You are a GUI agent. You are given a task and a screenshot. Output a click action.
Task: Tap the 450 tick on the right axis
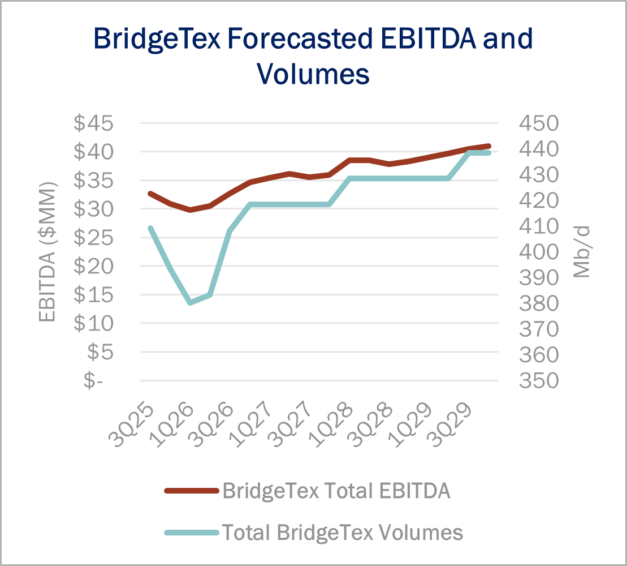pos(539,123)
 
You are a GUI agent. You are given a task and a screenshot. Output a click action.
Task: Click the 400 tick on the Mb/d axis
pos(539,252)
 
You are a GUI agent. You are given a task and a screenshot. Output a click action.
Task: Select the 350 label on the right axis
pos(539,380)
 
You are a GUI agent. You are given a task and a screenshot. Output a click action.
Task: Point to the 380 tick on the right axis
pos(539,303)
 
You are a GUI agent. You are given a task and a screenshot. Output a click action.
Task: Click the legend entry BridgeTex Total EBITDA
pos(336,491)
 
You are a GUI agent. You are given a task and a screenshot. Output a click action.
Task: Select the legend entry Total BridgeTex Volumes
pos(342,532)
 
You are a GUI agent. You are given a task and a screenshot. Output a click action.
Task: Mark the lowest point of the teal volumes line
pos(190,303)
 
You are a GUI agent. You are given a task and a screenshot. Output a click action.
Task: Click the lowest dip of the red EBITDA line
pos(190,209)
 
